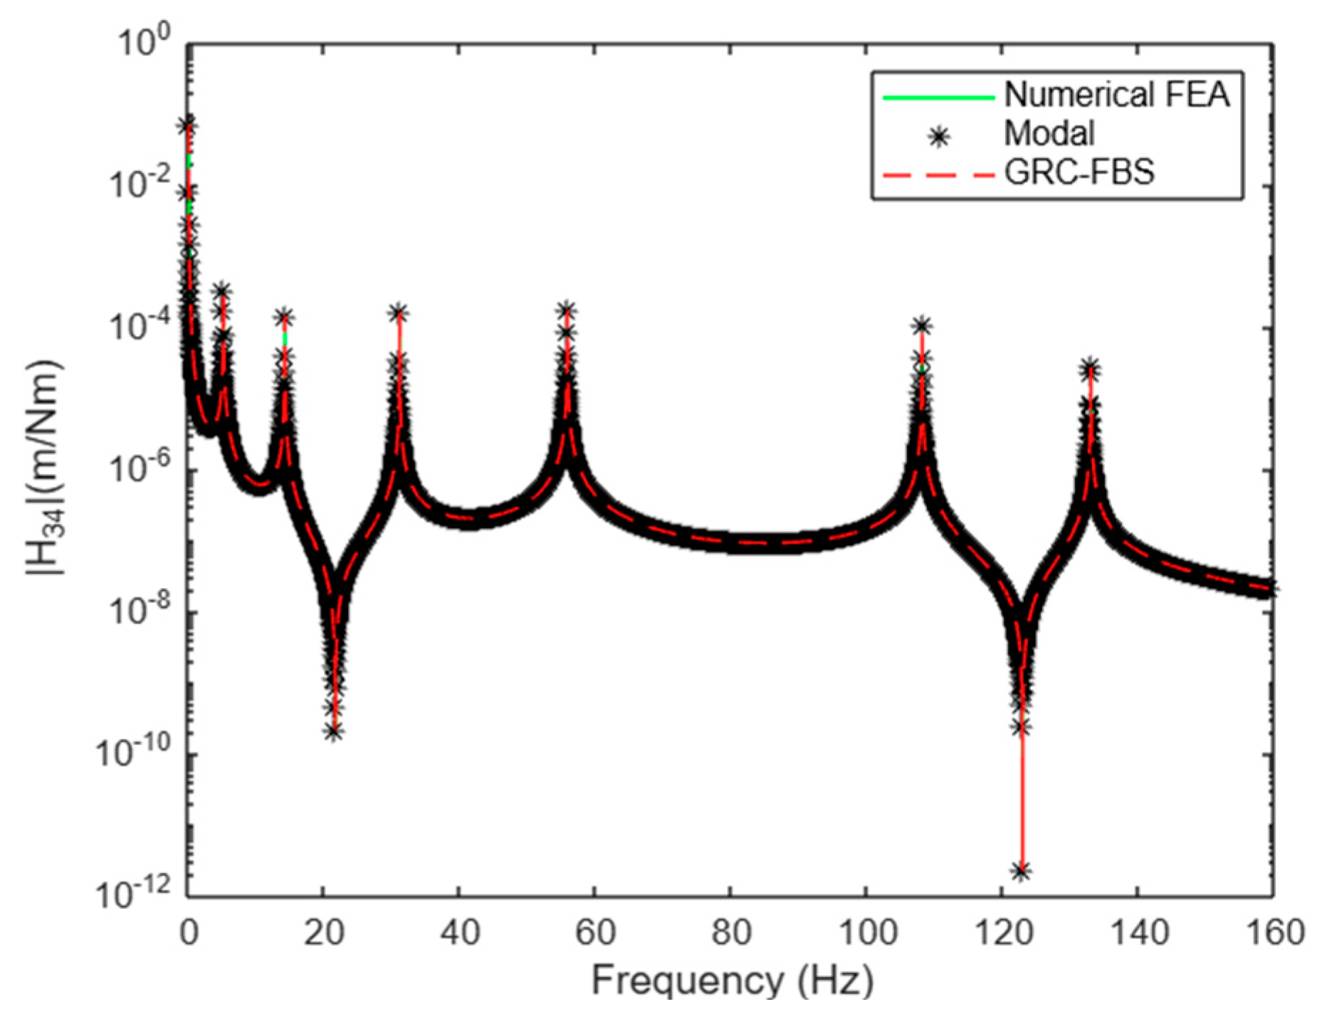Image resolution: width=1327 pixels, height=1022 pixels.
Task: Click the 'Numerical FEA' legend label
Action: [x=1116, y=95]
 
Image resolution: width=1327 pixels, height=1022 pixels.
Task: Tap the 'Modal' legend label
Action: [x=1049, y=133]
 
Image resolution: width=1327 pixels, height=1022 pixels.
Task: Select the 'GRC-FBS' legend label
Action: [x=1079, y=172]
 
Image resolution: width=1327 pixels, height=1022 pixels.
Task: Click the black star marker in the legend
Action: [x=940, y=136]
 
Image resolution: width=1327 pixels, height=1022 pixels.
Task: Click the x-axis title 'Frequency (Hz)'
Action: [x=732, y=981]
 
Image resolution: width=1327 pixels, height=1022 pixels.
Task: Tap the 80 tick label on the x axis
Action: [x=731, y=932]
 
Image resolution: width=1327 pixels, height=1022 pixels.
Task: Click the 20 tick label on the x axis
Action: [x=324, y=932]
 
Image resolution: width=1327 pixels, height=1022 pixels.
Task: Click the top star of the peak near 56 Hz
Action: [x=567, y=310]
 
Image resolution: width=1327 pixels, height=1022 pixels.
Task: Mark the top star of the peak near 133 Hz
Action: [x=1090, y=369]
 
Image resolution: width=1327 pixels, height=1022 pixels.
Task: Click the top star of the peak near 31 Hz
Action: [x=399, y=312]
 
